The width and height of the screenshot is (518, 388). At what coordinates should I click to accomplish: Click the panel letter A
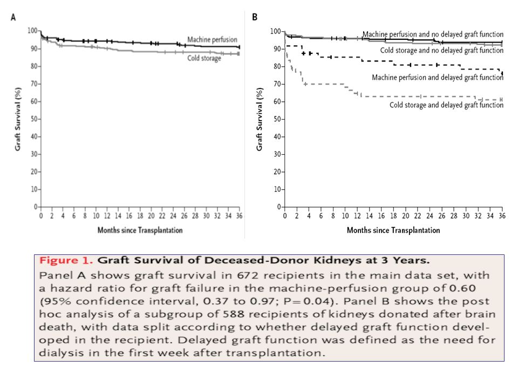pos(13,17)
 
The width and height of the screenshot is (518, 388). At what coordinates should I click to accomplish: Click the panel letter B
pos(255,17)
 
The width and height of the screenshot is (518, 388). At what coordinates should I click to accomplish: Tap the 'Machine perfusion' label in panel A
pos(213,39)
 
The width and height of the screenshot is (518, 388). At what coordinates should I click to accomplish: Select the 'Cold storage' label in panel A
pos(204,58)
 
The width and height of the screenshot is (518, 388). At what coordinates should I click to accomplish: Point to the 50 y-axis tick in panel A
pos(34,119)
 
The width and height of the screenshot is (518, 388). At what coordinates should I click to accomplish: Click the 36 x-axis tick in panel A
pos(240,216)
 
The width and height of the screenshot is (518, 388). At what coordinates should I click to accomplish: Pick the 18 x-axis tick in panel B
pos(393,216)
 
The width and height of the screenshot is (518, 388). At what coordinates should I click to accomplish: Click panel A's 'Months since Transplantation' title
pos(140,230)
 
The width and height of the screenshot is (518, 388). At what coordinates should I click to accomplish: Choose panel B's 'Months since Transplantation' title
pos(393,230)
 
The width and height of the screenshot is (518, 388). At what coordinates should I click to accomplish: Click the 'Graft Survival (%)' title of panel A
pos(18,119)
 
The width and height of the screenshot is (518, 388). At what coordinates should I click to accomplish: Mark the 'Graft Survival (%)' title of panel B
pos(260,119)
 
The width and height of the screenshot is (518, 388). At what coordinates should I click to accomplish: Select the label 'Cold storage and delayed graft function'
pos(447,105)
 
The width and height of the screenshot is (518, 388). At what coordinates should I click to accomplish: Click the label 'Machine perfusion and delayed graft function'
pos(438,78)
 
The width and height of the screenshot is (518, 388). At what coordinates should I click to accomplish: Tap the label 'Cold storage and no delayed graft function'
pos(442,51)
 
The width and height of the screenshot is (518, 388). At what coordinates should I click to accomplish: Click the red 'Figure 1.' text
pos(66,261)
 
